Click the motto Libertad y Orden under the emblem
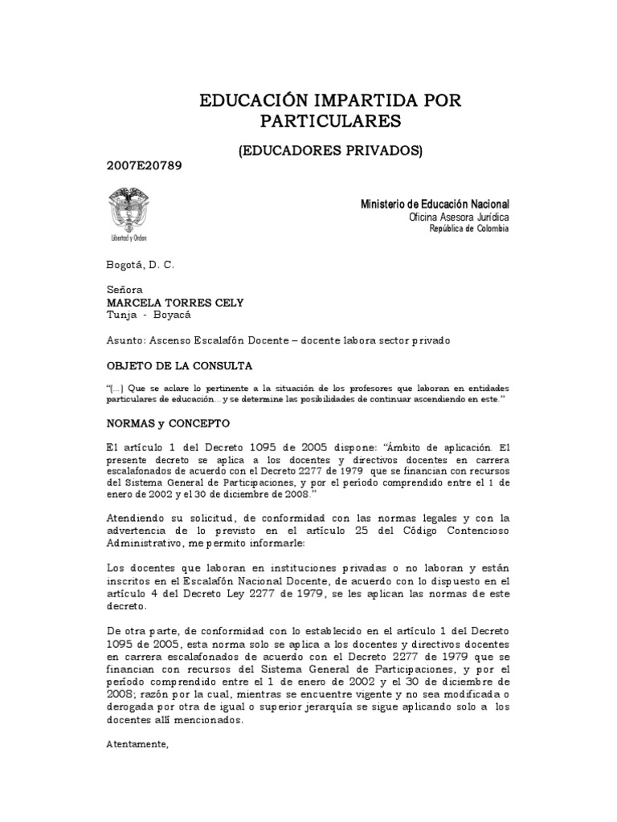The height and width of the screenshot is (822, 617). (x=129, y=238)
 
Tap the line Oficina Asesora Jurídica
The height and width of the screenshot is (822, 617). (x=458, y=218)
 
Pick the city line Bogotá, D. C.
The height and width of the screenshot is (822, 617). (x=140, y=265)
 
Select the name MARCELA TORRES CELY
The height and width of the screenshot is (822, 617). (x=174, y=302)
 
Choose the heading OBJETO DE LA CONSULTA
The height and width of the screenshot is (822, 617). (x=179, y=365)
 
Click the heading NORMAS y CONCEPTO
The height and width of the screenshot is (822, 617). (x=169, y=421)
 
